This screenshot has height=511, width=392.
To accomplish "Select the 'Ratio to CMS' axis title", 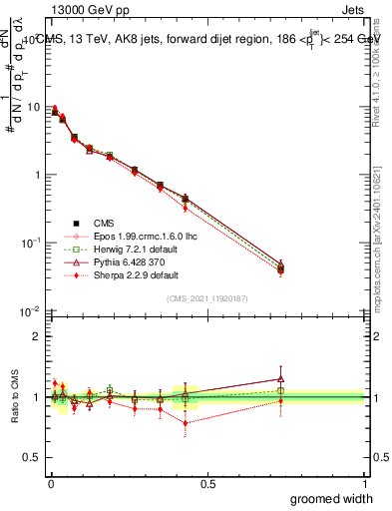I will pos(15,396).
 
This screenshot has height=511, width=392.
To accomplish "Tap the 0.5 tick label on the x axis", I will pos(206,483).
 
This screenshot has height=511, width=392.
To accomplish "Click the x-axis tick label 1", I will pos(364,483).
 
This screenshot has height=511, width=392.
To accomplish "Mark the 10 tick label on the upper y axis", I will pos(33,107).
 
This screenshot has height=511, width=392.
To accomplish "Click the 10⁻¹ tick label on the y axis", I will pos(31,243).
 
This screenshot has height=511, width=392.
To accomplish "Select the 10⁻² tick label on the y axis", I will pos(31,311).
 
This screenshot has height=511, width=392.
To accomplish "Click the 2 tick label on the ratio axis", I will pos(38,337).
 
